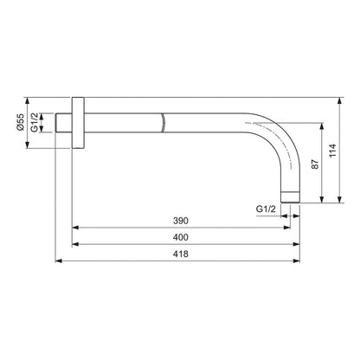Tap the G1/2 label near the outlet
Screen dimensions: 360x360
[x=267, y=210]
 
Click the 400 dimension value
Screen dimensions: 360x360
[x=180, y=238]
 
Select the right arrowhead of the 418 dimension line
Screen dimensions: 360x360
[x=300, y=260]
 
